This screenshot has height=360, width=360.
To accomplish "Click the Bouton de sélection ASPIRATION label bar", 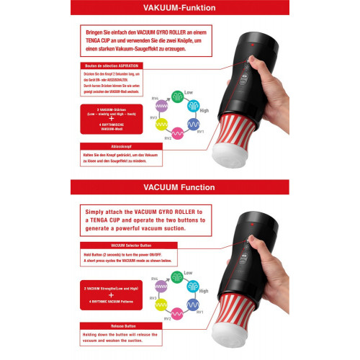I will click(115, 66).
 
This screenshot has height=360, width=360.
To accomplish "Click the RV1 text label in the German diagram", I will click(202, 133).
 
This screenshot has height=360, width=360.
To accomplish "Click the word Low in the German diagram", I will click(189, 92).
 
